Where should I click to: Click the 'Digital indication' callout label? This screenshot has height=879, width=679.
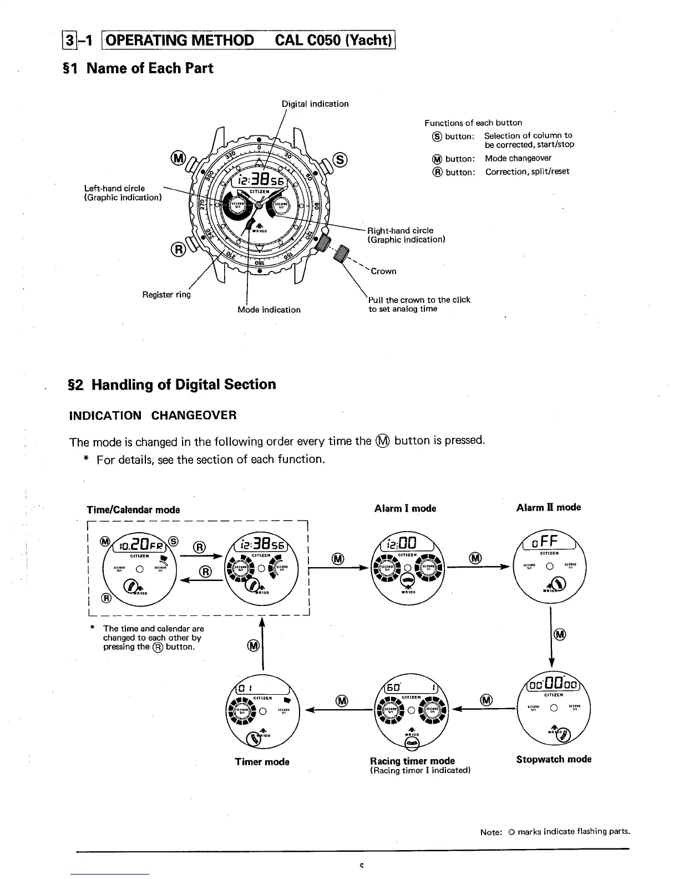(315, 104)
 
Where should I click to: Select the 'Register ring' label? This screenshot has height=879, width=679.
(166, 295)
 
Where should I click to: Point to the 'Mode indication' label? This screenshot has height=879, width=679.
(269, 310)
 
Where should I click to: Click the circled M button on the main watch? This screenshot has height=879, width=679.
(179, 158)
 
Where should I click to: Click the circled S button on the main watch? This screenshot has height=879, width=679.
(340, 160)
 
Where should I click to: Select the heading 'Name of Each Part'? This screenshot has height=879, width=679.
(150, 68)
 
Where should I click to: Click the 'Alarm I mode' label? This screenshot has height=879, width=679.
(405, 508)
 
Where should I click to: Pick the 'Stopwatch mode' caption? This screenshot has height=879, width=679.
(554, 759)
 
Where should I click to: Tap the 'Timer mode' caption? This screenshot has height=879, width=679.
(262, 762)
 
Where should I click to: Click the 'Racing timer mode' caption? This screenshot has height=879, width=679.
(412, 761)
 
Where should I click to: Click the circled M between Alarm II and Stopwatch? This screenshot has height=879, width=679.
(560, 634)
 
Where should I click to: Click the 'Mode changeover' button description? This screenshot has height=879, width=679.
(518, 158)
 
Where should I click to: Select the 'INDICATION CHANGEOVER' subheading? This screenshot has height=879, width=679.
(153, 416)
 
